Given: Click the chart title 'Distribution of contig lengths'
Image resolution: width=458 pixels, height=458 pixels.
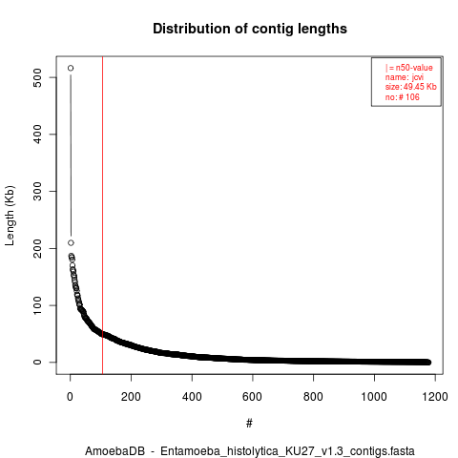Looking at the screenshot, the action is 250,29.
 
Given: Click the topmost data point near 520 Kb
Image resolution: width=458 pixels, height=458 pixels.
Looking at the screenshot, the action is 71,68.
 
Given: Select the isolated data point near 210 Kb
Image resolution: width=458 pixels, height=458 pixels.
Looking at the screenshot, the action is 71,243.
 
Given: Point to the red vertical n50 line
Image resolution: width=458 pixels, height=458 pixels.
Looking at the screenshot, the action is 102,216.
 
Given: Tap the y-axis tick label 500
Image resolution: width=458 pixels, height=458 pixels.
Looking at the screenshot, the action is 37,77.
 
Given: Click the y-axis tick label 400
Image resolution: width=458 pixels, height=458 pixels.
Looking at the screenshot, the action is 37,135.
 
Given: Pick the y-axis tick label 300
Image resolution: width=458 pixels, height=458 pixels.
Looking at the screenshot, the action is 37,191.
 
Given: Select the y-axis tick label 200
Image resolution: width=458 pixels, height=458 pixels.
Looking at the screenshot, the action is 37,248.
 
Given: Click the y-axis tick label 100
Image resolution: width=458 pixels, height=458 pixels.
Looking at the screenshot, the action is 37,305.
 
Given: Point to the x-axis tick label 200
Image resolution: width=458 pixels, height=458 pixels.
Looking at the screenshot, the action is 131,397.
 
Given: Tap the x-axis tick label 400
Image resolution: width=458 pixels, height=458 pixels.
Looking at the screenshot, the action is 192,397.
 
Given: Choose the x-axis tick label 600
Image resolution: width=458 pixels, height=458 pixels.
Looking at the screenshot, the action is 253,397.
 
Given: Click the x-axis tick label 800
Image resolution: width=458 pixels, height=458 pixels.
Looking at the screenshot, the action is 313,397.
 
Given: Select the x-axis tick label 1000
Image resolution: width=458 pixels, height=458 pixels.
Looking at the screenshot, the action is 374,397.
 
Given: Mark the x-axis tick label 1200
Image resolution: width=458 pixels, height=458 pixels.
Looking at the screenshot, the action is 435,397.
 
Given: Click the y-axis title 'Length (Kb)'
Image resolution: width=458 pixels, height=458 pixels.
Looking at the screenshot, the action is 10,216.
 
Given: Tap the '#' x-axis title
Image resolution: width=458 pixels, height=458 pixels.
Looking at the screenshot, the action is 249,424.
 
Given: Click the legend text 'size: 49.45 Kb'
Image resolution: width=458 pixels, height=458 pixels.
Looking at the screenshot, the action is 410,87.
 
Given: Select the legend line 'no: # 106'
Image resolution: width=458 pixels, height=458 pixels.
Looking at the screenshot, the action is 403,96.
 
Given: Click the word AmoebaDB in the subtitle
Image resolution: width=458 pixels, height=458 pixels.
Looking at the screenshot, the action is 114,451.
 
